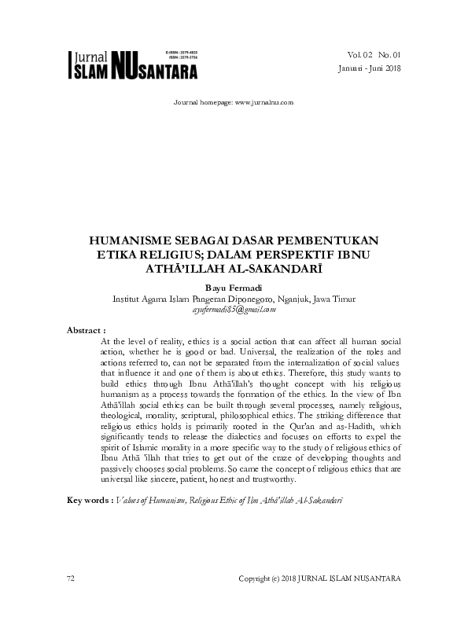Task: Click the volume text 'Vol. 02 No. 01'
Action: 373,55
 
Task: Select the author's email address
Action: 234,310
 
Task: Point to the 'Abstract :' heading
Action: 86,330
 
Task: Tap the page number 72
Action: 71,578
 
